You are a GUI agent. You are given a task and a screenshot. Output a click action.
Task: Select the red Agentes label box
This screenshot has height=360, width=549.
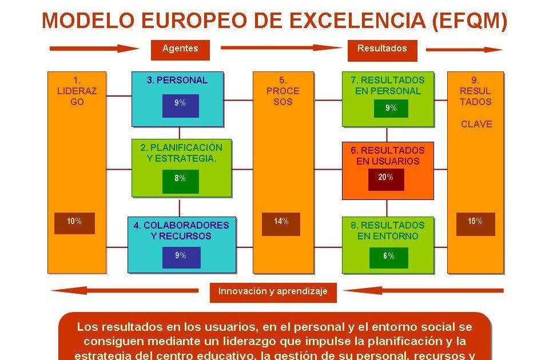click(180, 49)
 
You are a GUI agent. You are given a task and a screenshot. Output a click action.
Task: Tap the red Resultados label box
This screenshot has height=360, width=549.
click(382, 49)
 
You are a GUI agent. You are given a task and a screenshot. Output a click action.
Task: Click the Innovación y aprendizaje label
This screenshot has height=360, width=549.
click(273, 292)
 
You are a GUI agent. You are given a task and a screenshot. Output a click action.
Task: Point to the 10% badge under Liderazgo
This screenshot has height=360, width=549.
click(74, 222)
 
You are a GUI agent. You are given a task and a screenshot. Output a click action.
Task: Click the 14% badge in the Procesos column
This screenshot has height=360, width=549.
click(281, 222)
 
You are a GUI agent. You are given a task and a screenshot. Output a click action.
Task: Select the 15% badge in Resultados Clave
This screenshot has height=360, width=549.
click(475, 222)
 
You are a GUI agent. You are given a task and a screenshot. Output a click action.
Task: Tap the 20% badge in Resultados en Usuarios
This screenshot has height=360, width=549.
click(386, 178)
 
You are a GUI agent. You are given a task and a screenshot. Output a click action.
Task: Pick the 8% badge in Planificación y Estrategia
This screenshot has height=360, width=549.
click(180, 179)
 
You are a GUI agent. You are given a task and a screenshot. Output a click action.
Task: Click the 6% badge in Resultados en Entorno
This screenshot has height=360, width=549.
click(389, 257)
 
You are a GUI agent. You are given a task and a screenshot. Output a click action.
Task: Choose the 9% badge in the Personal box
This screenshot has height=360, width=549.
click(180, 104)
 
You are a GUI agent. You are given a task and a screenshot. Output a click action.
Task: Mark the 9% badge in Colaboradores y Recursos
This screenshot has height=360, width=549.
click(181, 257)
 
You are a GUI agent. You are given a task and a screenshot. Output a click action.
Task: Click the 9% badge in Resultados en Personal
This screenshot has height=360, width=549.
click(391, 108)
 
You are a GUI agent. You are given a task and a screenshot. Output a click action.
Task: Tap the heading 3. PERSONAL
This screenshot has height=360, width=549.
click(177, 81)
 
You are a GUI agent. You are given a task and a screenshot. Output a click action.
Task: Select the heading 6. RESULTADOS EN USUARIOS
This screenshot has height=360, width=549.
click(388, 155)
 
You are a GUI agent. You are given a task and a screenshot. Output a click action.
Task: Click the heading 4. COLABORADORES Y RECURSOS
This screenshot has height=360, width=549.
click(181, 231)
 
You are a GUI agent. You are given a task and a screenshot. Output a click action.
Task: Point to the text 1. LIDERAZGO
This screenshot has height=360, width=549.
click(77, 91)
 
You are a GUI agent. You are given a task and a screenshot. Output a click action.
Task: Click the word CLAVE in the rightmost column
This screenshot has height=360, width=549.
click(476, 124)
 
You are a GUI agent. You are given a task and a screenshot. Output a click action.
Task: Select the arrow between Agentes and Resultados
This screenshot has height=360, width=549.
click(280, 48)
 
